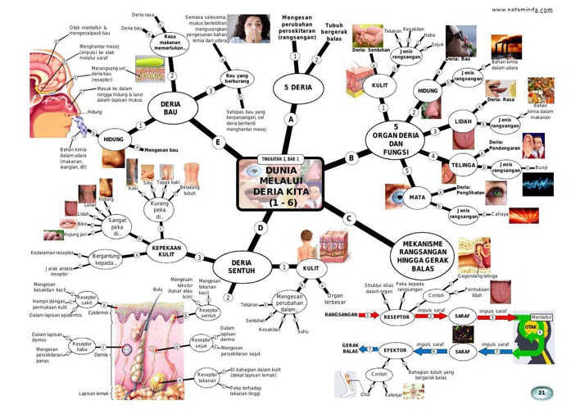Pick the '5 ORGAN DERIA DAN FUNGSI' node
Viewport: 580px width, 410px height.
[396, 139]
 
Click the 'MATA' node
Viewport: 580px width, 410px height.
[417, 198]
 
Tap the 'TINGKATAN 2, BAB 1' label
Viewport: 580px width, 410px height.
[279, 157]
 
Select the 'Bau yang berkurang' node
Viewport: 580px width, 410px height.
[237, 79]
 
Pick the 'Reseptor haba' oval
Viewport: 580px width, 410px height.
[81, 347]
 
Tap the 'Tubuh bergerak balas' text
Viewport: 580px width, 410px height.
[334, 32]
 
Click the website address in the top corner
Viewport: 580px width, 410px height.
[522, 10]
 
